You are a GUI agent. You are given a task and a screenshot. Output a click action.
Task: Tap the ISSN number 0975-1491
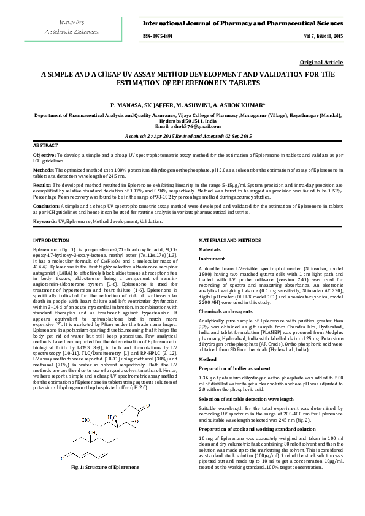click(x=158, y=37)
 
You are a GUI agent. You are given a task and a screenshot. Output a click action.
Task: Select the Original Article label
click(x=321, y=63)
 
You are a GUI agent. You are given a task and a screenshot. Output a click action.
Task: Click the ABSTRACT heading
click(x=45, y=145)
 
